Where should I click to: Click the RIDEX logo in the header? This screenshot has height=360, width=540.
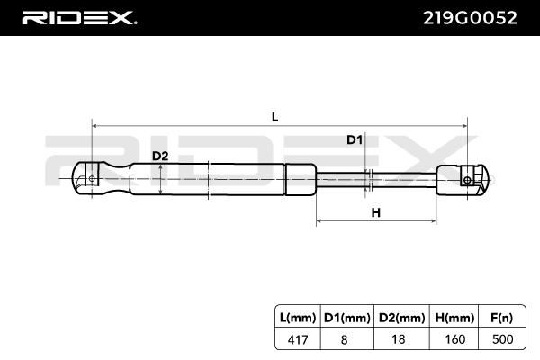[x=78, y=17]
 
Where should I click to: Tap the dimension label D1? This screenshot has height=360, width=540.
[x=354, y=140]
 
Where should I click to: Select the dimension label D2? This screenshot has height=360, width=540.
[x=159, y=157]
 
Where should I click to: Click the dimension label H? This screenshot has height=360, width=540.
[x=376, y=212]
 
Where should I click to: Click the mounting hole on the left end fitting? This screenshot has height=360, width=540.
[x=91, y=179]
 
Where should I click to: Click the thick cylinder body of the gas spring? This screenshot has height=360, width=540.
[x=225, y=178]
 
